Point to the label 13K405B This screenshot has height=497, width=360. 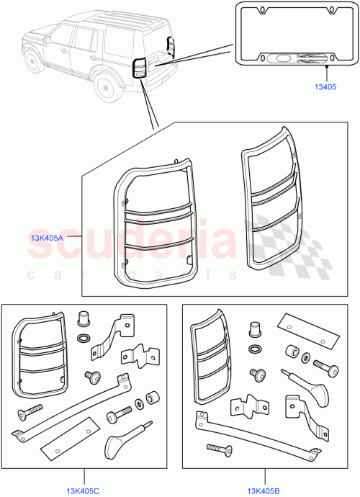coord(263,491)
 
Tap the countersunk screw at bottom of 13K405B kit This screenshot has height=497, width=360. coord(220,449)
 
